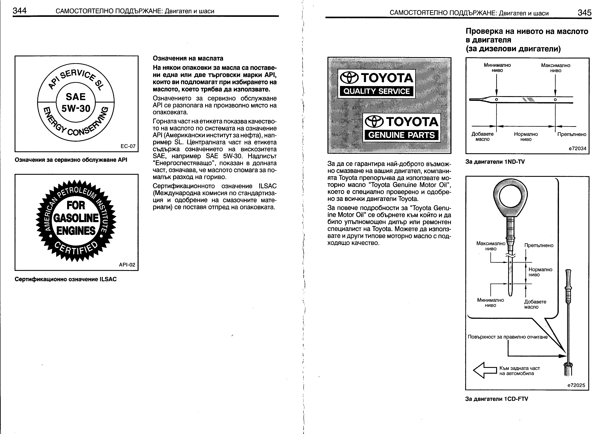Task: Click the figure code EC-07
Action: (128, 146)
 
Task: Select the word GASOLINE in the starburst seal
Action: (76, 218)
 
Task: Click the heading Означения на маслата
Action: (188, 58)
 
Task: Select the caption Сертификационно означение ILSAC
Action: (66, 279)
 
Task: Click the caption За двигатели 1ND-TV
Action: (495, 162)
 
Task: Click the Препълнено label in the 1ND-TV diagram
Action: (571, 134)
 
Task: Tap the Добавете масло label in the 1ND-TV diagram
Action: (482, 137)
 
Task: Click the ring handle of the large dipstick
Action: (510, 197)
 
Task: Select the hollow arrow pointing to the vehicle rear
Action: (485, 370)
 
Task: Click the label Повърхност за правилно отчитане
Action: (507, 337)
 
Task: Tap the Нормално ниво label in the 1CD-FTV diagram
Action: (540, 272)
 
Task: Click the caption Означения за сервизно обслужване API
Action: (71, 160)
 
